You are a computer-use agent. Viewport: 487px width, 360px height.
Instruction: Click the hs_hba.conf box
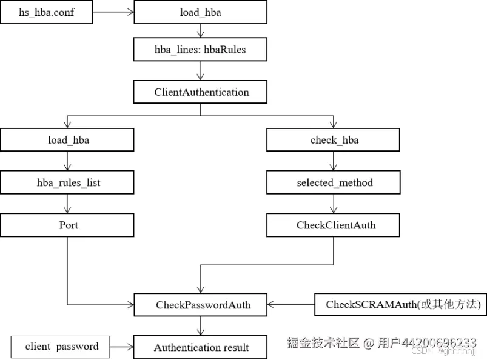click(x=47, y=12)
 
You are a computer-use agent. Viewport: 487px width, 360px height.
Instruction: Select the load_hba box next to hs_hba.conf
click(x=200, y=12)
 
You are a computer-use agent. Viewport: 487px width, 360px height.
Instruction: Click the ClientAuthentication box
click(x=200, y=93)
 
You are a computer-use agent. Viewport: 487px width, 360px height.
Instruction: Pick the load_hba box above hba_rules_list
click(x=67, y=140)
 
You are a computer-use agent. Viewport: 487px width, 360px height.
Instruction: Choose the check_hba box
click(x=334, y=140)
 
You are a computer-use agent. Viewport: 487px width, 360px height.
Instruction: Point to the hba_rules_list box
click(x=67, y=182)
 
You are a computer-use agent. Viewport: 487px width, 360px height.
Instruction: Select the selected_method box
click(x=334, y=182)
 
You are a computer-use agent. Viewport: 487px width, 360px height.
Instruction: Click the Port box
click(x=67, y=225)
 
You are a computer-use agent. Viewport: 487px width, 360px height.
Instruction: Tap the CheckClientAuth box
click(x=334, y=225)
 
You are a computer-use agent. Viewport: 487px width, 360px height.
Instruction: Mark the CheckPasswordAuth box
click(x=200, y=305)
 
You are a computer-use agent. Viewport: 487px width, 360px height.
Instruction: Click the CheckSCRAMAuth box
click(x=400, y=305)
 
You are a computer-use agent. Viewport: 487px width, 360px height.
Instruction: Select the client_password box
click(x=61, y=347)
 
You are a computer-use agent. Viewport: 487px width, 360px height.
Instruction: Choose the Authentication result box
click(x=200, y=348)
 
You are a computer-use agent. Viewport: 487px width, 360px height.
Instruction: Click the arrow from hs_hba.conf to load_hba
click(x=113, y=12)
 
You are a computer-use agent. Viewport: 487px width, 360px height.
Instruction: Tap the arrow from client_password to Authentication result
click(x=123, y=347)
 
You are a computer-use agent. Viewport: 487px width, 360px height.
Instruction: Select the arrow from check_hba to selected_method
click(x=333, y=161)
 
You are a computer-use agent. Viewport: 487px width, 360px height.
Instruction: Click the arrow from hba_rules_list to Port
click(x=67, y=204)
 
